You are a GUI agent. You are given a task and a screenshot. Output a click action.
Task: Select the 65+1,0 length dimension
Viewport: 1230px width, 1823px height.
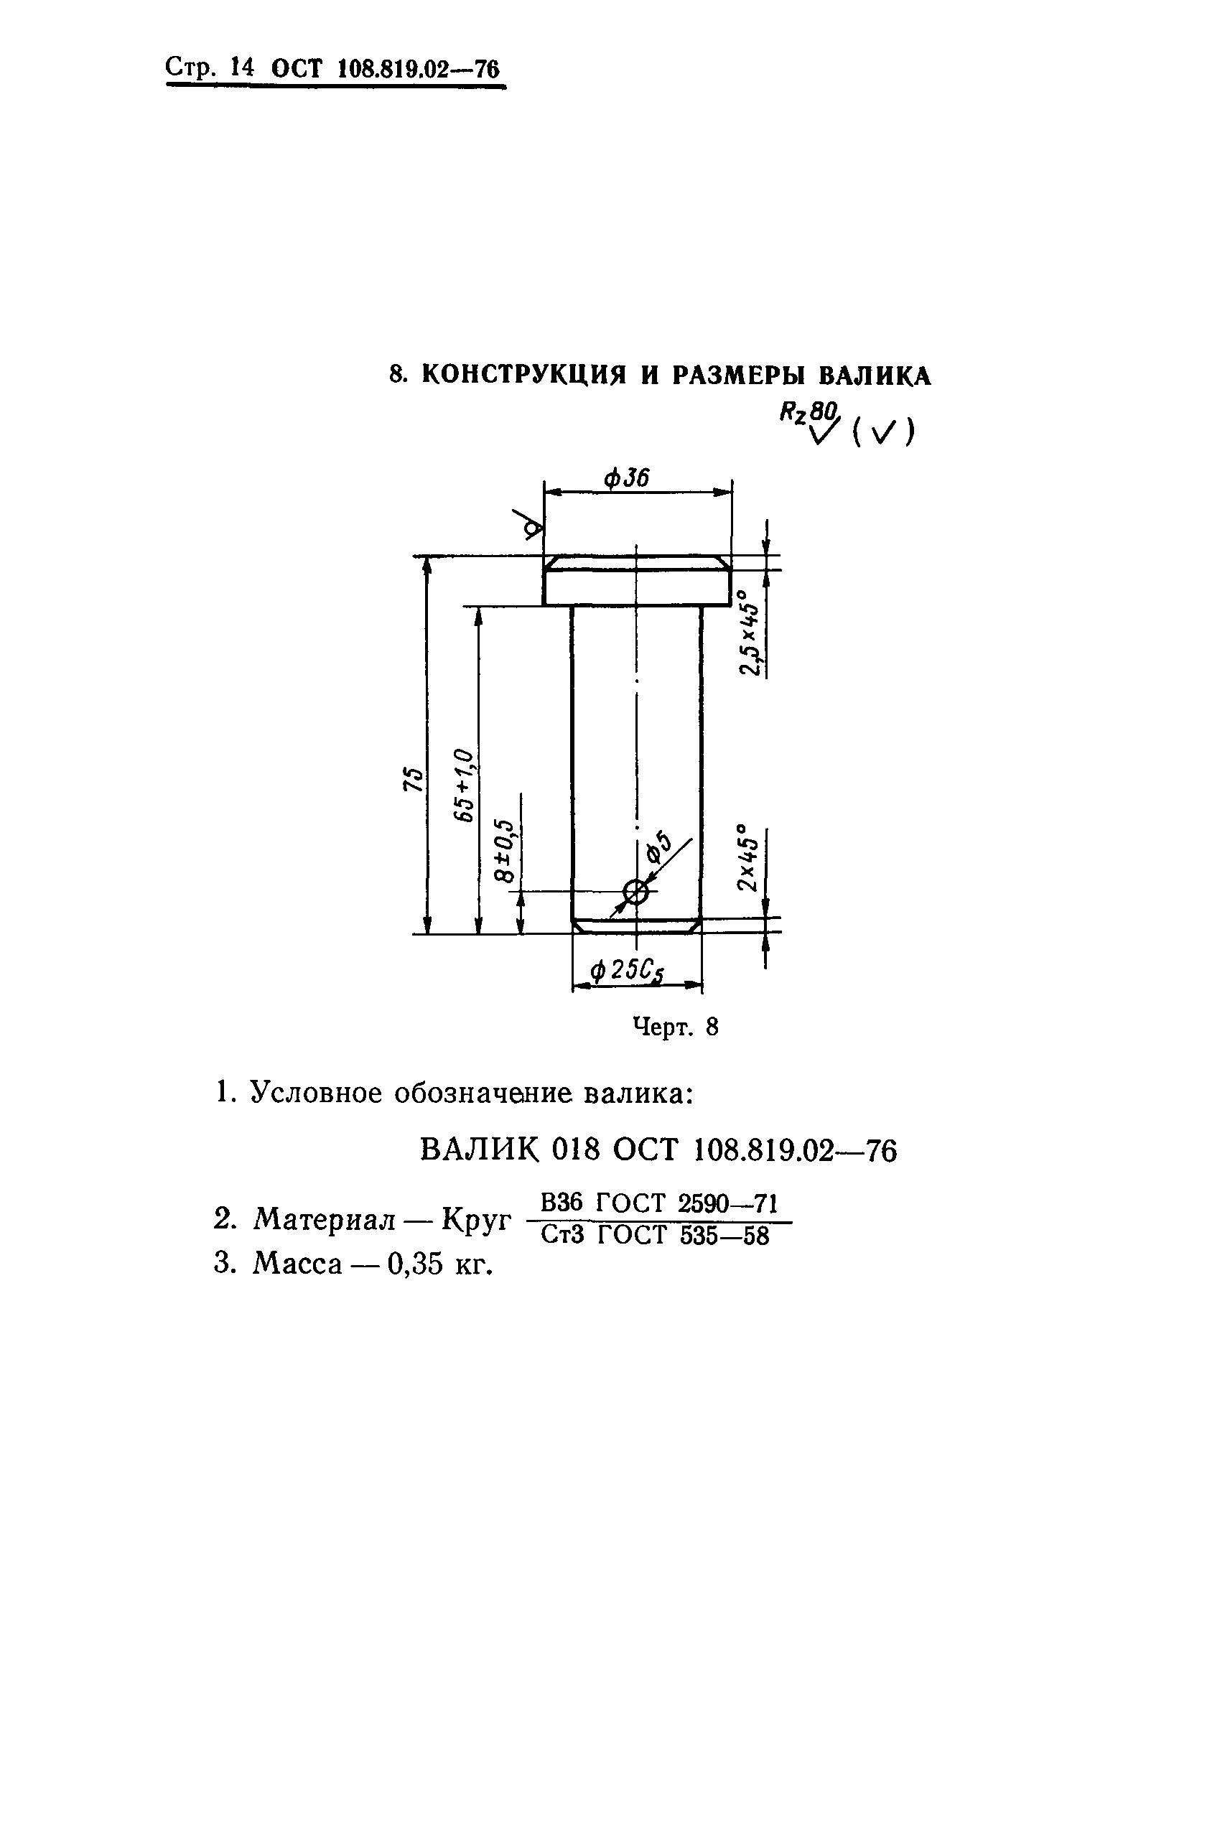point(465,785)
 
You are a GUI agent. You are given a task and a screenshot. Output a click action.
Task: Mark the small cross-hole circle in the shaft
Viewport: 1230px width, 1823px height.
point(635,890)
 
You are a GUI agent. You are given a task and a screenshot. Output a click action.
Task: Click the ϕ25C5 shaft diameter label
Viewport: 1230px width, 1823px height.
point(627,971)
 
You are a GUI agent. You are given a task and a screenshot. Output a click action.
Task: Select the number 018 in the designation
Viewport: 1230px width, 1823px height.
point(576,1151)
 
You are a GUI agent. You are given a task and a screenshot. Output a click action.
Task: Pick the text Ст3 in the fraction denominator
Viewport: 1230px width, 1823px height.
point(562,1236)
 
